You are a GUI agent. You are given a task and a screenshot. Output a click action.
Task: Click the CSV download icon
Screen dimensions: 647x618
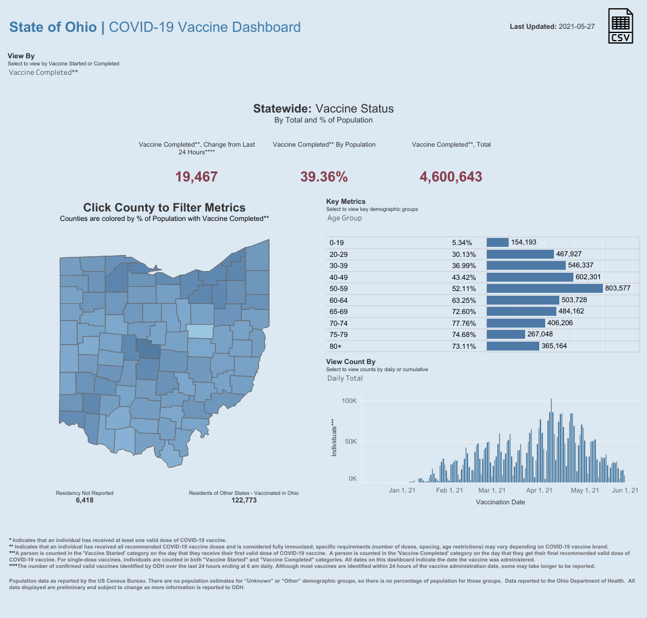point(621,26)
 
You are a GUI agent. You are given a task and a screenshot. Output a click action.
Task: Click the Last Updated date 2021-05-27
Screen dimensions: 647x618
point(576,27)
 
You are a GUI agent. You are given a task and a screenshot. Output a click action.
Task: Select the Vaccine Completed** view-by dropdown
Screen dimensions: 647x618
point(44,72)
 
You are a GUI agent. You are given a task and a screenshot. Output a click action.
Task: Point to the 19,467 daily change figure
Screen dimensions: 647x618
point(197,177)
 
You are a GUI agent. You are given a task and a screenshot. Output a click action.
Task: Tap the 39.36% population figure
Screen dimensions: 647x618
point(324,177)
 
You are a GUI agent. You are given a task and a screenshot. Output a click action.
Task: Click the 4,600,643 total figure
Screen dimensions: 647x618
point(450,177)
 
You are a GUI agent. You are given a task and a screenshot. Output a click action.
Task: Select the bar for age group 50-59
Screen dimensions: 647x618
point(545,288)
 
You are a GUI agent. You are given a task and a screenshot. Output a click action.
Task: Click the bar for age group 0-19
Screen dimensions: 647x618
point(497,242)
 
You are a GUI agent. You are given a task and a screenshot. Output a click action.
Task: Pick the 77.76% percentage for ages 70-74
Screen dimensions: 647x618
point(464,323)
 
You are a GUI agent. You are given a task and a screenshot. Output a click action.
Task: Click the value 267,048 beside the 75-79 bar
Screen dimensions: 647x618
point(540,334)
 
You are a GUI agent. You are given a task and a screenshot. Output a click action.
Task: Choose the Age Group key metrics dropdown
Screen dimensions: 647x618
point(344,218)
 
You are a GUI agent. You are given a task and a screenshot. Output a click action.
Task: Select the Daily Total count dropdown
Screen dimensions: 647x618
point(345,378)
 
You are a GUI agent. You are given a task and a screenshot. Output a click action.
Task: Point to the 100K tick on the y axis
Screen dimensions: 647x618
point(349,401)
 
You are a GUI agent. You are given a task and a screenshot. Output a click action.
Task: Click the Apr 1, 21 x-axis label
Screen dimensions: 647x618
point(539,490)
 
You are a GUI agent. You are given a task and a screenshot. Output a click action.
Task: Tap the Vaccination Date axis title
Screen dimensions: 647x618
point(500,502)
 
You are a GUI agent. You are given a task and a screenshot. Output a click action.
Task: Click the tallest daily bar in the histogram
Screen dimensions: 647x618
point(551,441)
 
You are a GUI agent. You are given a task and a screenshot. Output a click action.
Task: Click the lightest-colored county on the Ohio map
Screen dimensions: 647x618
point(200,332)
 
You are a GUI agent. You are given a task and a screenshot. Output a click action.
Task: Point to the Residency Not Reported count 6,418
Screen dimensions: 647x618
point(85,500)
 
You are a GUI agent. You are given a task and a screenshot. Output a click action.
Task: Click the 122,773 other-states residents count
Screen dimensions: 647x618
point(244,500)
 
